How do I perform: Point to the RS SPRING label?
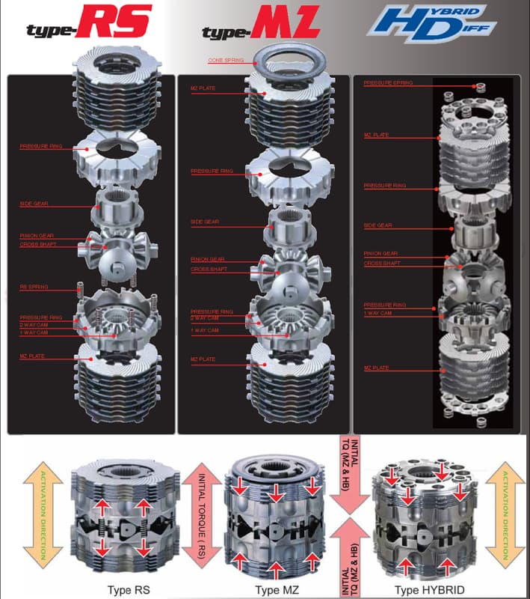32,287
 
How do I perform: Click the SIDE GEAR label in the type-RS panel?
33,204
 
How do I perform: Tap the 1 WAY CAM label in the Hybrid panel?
377,313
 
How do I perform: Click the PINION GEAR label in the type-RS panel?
36,236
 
